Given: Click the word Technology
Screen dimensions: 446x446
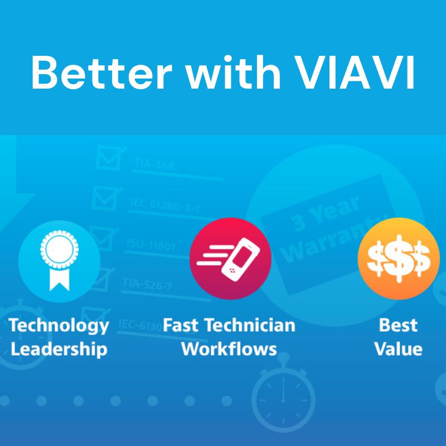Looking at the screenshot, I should tap(59, 325).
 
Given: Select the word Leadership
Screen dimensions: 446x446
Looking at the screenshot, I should tap(59, 350).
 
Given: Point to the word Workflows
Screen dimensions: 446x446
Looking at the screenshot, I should tap(229, 350).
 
